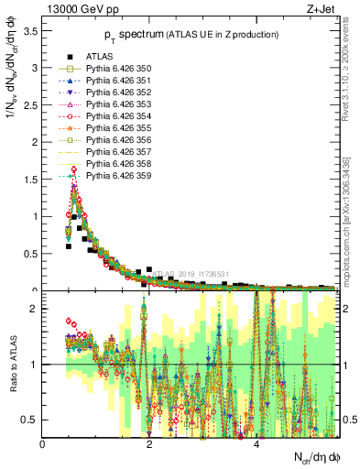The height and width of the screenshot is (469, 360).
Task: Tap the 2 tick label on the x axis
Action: [x=150, y=444]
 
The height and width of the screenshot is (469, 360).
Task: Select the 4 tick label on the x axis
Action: [x=256, y=444]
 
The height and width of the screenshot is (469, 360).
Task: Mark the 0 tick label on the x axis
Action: [x=43, y=444]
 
